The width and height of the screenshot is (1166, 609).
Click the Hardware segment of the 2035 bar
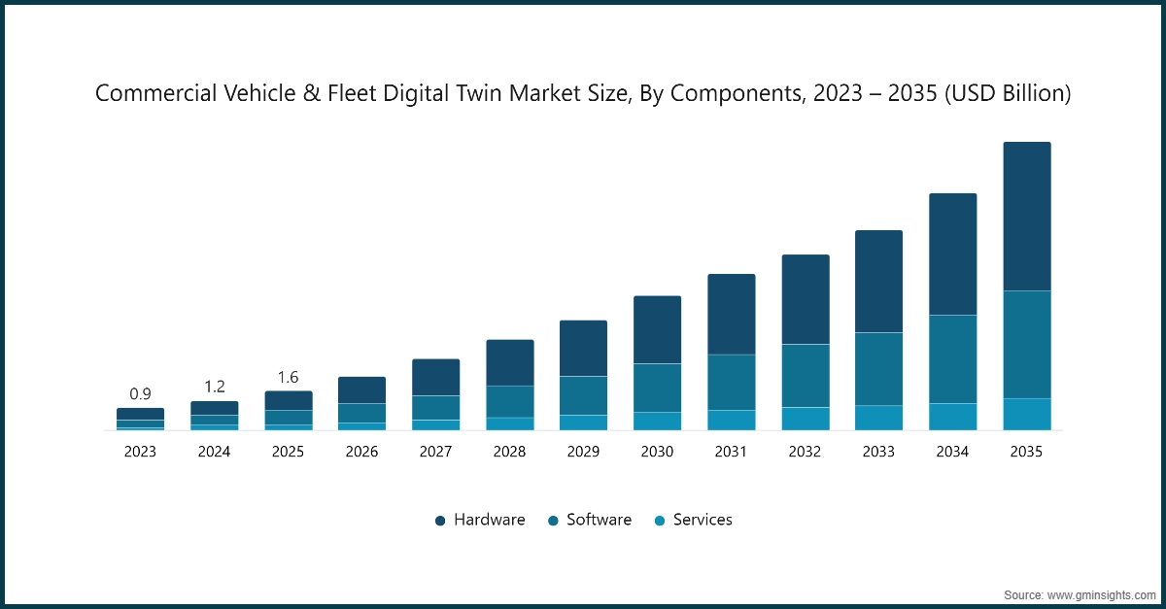click(1027, 216)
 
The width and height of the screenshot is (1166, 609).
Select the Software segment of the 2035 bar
click(1027, 344)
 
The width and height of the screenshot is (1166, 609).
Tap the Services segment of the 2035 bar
click(1027, 414)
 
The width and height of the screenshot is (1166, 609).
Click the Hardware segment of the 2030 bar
click(657, 329)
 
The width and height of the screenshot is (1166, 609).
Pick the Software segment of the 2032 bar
click(805, 375)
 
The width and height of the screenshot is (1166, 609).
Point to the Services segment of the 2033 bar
click(878, 417)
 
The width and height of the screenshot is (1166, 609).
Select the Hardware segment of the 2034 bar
click(952, 254)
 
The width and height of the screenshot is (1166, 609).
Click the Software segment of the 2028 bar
click(509, 401)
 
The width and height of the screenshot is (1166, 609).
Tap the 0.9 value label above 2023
click(140, 394)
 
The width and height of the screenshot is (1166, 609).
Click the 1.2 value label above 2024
click(214, 387)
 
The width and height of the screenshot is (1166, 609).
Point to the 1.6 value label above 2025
click(288, 377)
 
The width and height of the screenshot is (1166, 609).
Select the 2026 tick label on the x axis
click(361, 452)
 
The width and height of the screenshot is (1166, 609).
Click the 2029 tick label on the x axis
click(583, 452)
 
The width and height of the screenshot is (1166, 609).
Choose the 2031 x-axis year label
click(731, 452)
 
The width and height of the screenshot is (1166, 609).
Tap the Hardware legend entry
click(480, 520)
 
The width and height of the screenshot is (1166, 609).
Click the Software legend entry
click(589, 520)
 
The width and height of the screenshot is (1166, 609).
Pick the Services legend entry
click(692, 520)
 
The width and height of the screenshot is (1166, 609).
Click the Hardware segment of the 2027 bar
click(435, 377)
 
